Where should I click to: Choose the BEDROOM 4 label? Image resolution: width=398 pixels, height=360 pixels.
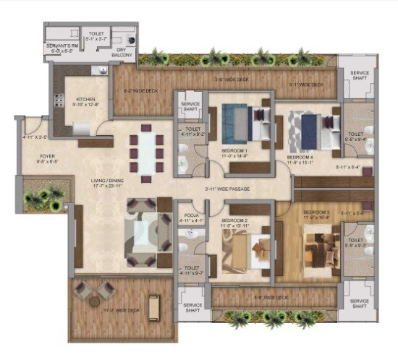(x=300, y=157)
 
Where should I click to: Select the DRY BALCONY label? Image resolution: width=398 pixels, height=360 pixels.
(x=127, y=54)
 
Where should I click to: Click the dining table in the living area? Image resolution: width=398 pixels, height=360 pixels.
(x=146, y=152)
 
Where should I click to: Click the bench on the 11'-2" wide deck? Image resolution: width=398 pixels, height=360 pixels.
(x=153, y=307)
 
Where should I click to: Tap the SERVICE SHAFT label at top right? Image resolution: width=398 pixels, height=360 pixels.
(x=359, y=77)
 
